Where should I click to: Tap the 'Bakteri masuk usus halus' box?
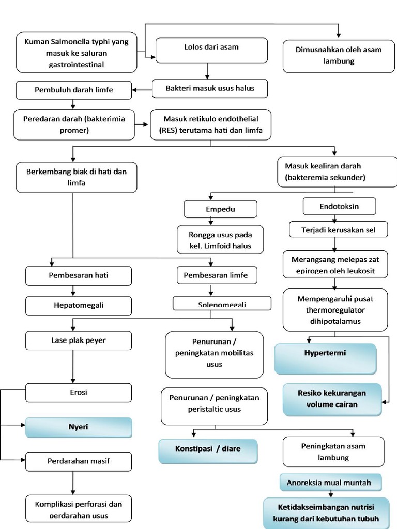[210, 88]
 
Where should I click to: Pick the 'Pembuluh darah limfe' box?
[73, 90]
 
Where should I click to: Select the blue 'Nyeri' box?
[79, 428]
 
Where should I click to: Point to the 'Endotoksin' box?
[339, 206]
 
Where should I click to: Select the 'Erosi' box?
[79, 392]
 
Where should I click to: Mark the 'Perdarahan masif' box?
[79, 461]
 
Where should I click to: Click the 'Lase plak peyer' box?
[79, 340]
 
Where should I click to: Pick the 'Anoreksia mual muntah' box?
[331, 483]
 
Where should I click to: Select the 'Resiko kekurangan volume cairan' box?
[331, 399]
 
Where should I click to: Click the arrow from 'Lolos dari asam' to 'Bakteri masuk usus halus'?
[207, 70]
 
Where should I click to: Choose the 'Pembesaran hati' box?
[79, 275]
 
